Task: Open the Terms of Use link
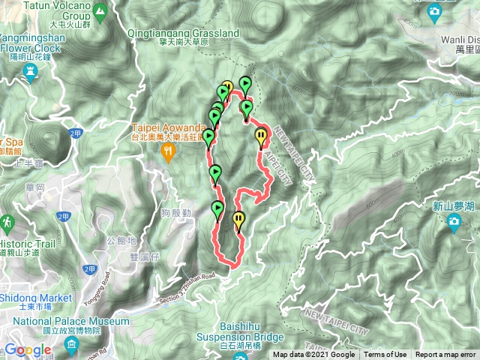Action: [385, 355]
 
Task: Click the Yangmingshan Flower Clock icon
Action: [31, 72]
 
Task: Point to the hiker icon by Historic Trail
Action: [7, 223]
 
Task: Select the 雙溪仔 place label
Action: [145, 256]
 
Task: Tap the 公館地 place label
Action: [121, 241]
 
